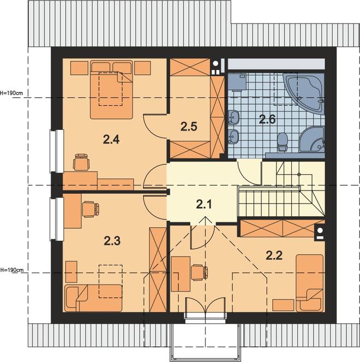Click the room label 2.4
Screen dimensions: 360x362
(111, 139)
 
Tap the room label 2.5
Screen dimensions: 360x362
(189, 127)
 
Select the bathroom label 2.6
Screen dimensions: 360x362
(267, 119)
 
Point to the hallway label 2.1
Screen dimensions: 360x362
(203, 204)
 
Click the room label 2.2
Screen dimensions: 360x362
(274, 256)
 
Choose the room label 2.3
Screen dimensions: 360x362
(112, 241)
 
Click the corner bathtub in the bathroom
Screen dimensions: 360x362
(304, 93)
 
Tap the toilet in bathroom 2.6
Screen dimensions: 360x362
(283, 142)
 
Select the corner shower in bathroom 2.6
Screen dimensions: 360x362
(312, 139)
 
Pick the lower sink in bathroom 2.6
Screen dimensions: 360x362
(233, 136)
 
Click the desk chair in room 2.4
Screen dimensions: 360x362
(81, 162)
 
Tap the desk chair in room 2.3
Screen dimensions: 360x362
(91, 209)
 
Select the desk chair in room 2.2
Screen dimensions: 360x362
(199, 272)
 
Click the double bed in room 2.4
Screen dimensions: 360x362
(111, 90)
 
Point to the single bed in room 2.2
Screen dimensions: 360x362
(309, 283)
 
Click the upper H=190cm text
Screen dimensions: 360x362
(11, 93)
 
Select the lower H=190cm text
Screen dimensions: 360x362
(11, 269)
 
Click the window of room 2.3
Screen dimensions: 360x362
(57, 219)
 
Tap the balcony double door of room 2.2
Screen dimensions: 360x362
(205, 305)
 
